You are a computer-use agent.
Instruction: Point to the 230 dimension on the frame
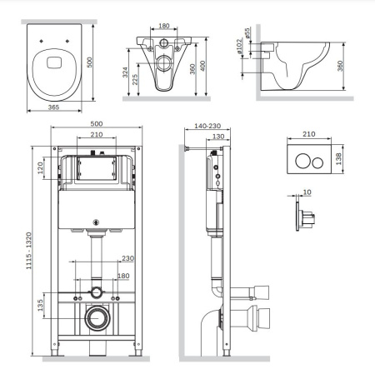[x=127, y=258]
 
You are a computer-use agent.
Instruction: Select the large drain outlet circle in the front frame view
[x=99, y=317]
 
